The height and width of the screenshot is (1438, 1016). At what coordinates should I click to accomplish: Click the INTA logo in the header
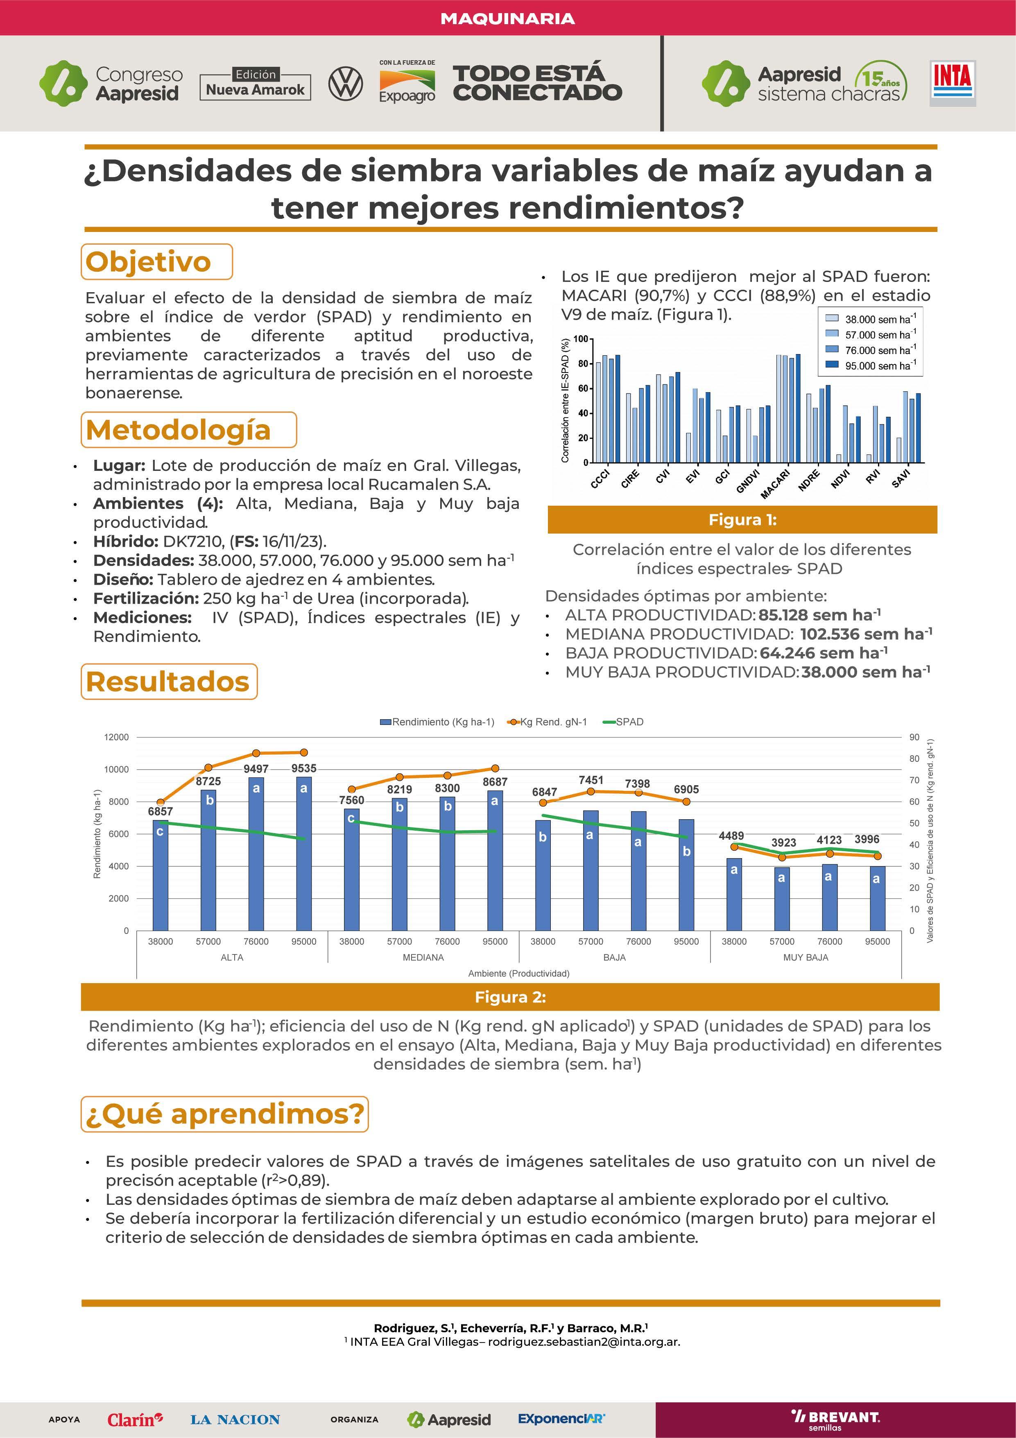click(x=952, y=83)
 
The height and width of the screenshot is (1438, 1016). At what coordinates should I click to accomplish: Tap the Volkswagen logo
click(x=345, y=84)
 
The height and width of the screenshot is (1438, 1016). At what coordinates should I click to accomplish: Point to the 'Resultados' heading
click(x=168, y=682)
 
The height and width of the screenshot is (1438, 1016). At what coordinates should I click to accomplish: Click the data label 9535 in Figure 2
click(x=303, y=768)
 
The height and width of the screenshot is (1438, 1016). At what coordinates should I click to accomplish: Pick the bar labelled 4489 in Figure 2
click(x=734, y=894)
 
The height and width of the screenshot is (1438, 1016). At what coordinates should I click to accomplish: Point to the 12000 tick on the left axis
click(x=116, y=737)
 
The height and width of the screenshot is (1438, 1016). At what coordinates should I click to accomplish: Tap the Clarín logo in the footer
click(x=135, y=1419)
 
